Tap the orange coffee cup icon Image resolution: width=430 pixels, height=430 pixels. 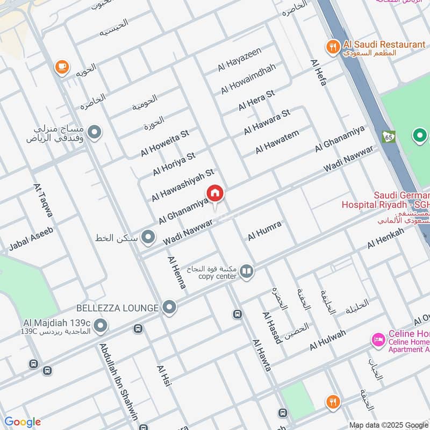click(x=61, y=67)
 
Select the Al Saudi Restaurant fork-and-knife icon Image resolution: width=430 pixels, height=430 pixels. click(x=333, y=47)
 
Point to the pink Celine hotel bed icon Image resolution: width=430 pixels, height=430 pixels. click(x=378, y=340)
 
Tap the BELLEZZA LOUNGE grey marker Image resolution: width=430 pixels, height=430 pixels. click(x=170, y=307)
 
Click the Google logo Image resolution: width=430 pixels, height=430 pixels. click(x=23, y=422)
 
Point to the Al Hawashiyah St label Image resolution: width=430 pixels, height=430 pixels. click(x=183, y=185)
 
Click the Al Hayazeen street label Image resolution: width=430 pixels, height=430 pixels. click(x=239, y=60)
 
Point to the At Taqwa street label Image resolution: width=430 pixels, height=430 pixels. click(x=44, y=200)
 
